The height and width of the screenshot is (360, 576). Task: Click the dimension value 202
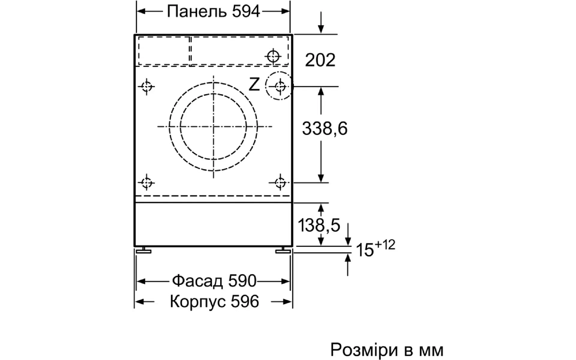point(320,60)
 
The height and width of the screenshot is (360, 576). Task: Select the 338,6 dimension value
point(325,128)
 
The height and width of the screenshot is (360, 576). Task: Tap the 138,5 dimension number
point(319,225)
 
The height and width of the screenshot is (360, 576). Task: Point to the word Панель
point(196,12)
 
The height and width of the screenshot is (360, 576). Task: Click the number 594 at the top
point(246,12)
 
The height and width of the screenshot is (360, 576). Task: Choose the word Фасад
point(197,281)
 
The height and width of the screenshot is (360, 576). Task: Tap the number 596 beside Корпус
point(245,301)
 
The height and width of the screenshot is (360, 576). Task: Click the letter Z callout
point(254,85)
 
